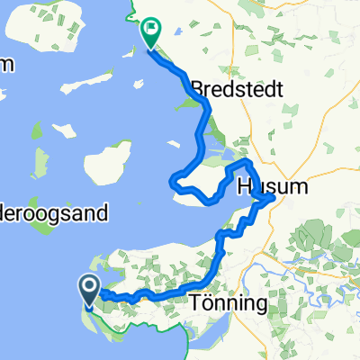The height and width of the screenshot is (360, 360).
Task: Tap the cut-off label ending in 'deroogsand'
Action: click(x=55, y=214)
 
